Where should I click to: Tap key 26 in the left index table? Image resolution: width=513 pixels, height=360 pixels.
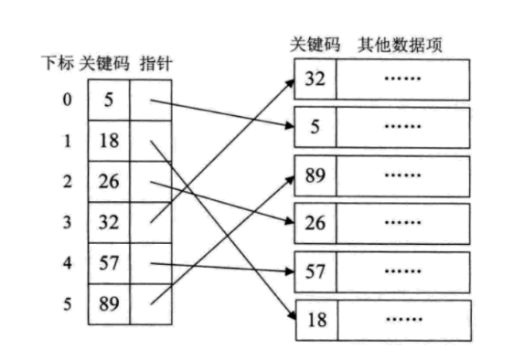[x=109, y=181]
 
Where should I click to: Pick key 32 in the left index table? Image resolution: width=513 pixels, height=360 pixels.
[x=109, y=222]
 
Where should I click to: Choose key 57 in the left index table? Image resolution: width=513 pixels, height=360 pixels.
[x=109, y=264]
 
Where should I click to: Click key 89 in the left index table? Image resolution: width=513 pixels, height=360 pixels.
[x=109, y=305]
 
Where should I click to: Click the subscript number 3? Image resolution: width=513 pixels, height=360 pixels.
[x=67, y=222]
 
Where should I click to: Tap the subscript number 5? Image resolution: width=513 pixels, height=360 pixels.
[x=67, y=305]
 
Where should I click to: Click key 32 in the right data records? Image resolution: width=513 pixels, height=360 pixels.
[x=315, y=79]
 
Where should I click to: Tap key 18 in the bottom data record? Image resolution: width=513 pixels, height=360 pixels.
[x=315, y=321]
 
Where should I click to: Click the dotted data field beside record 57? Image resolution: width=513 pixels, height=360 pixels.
[x=401, y=272]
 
